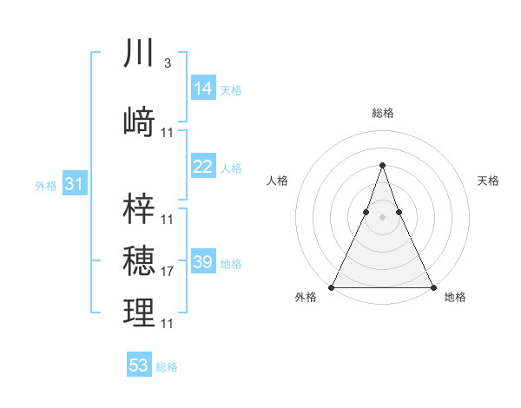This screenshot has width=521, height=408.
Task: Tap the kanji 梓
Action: [x=140, y=207]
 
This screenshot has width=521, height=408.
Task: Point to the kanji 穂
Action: [x=140, y=261]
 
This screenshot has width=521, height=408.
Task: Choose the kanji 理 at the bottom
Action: [x=140, y=313]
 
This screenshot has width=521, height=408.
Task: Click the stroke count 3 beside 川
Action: [x=167, y=63]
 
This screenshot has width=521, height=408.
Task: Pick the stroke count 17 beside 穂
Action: [x=168, y=272]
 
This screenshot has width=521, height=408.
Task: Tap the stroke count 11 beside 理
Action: [x=168, y=324]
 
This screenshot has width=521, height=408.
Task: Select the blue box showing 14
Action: [x=203, y=89]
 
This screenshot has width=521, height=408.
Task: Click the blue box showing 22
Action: [x=203, y=167]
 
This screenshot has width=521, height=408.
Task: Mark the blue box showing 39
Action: [x=203, y=262]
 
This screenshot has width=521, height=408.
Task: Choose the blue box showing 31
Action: [x=74, y=184]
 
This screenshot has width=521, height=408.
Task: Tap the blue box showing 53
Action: [x=139, y=365]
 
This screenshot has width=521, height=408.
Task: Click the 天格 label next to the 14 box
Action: [x=231, y=90]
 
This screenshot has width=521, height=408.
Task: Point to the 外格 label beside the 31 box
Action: [x=46, y=186]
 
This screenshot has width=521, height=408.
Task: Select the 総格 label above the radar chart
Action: [x=382, y=113]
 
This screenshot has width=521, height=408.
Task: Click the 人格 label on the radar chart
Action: [x=278, y=181]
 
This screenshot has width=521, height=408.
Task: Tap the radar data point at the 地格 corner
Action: [x=432, y=286]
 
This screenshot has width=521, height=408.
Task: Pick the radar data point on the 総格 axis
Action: [x=382, y=165]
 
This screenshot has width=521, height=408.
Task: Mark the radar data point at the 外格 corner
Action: [x=332, y=286]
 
